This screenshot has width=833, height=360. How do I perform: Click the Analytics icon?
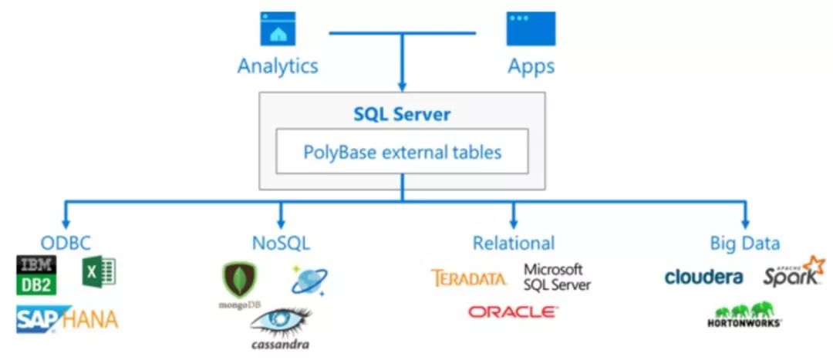point(278,29)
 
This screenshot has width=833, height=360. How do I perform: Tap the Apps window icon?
point(531,29)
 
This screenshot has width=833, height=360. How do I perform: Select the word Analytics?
point(278,66)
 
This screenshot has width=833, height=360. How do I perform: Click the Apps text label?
point(531,66)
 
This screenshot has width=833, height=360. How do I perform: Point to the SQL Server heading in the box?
point(402,114)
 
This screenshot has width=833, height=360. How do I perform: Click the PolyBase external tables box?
point(402,151)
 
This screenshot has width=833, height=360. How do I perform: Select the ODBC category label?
point(65,243)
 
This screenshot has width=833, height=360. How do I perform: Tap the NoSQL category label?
point(281,243)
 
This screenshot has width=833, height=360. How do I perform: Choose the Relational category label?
point(514,243)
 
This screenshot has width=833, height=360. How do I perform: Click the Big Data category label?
point(744,243)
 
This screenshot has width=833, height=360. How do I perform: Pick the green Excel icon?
point(99,272)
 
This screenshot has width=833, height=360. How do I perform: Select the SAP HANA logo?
point(67,318)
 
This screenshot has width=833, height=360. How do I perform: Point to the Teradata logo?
point(469,278)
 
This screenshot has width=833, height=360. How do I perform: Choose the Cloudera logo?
point(703,277)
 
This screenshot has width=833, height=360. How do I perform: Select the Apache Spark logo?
point(794,274)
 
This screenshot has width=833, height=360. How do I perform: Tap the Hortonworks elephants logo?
point(744,315)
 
